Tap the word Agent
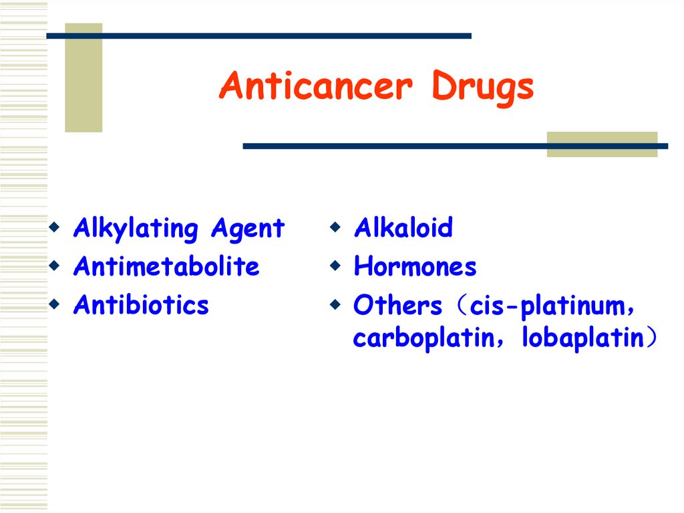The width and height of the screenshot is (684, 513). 247,229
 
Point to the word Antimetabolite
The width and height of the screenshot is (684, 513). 166,267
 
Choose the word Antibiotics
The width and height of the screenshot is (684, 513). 141,305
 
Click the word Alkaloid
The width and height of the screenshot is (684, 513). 403,228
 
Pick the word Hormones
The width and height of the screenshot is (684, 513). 415,267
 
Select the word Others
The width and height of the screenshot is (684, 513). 397,306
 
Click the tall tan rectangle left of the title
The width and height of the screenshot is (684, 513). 83,78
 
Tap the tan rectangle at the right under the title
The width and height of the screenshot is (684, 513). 602,144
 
